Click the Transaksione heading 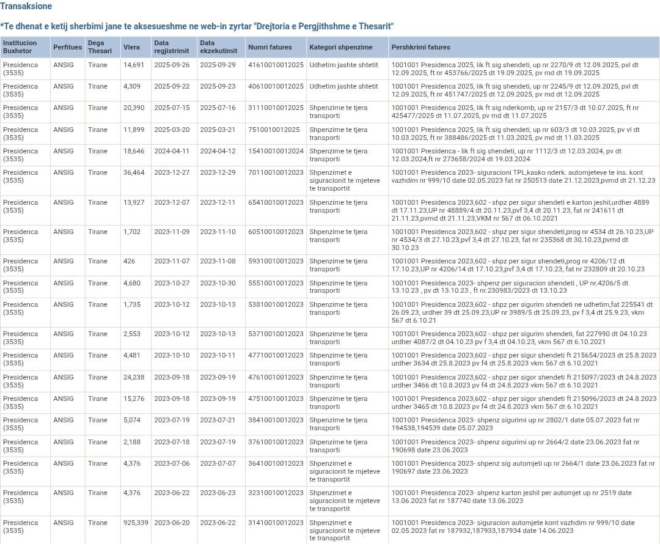click(26, 6)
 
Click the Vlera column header click(131, 47)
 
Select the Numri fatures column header click(270, 47)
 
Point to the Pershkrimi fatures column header click(420, 47)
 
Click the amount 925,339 click(136, 523)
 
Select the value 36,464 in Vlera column click(134, 172)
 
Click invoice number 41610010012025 click(276, 65)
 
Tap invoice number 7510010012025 click(274, 130)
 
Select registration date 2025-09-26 click(172, 65)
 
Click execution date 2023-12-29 click(218, 172)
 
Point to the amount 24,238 click(134, 377)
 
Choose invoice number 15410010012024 click(276, 151)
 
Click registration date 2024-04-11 click(172, 151)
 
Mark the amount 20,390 click(134, 108)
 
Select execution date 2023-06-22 click(218, 523)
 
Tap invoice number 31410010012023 click(276, 523)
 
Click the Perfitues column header click(67, 47)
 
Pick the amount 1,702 click(132, 232)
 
